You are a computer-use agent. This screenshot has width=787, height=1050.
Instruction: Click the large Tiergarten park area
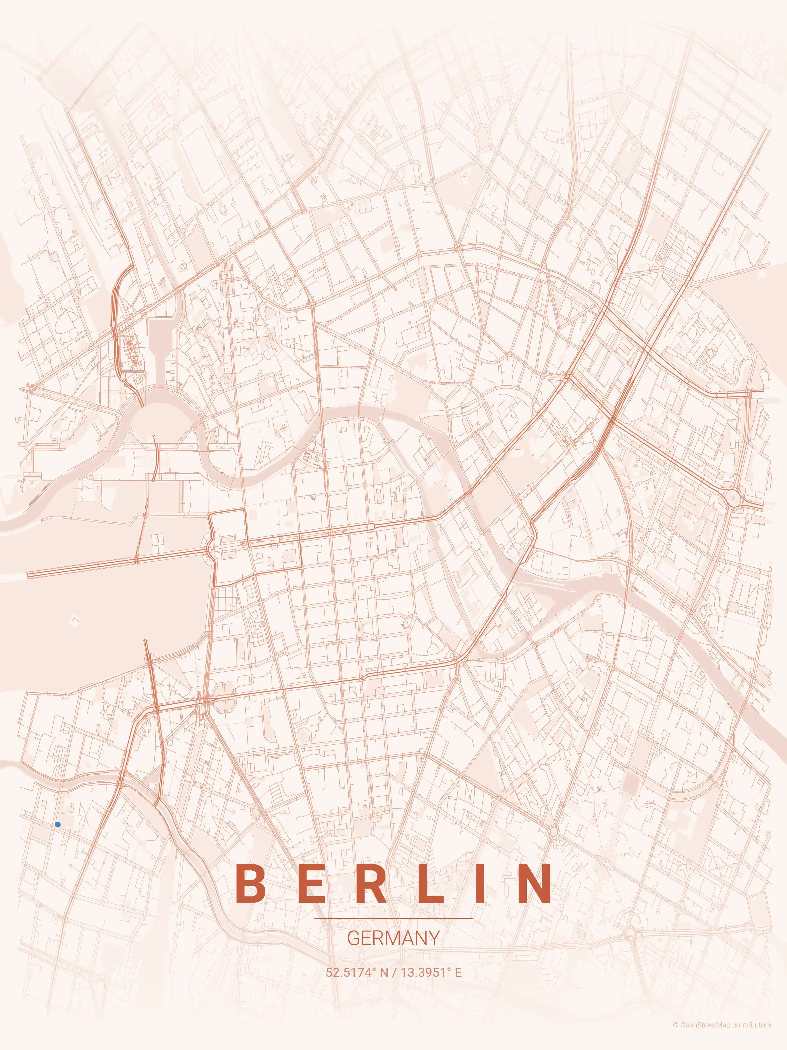104,612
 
